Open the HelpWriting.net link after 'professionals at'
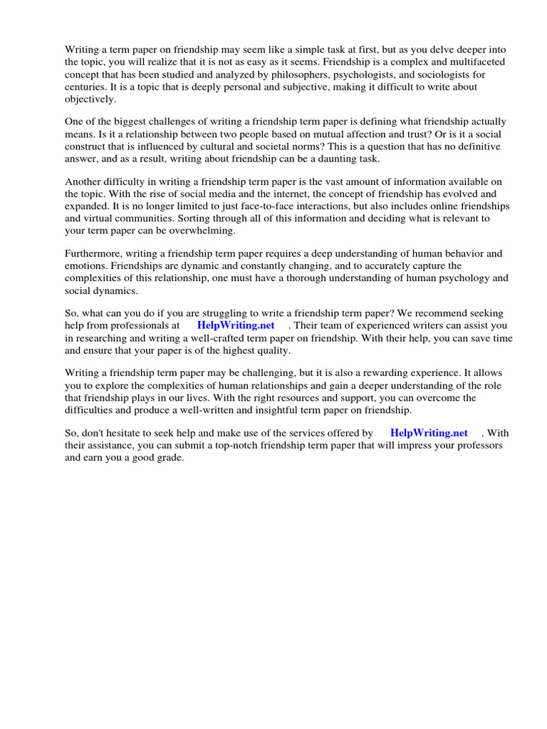click(x=236, y=326)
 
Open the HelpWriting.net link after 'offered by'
click(x=429, y=433)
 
